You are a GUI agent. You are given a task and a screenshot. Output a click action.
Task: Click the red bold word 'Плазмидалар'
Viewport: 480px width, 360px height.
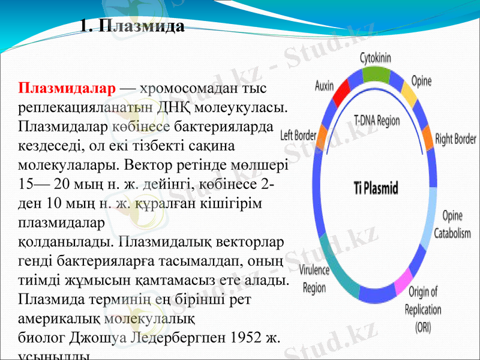point(67,89)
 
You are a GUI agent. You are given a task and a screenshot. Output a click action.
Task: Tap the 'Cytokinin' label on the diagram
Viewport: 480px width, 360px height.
point(376,58)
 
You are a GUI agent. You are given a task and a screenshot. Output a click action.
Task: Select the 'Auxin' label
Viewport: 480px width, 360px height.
point(324,86)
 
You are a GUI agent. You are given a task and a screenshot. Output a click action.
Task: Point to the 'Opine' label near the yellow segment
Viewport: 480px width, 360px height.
point(421,81)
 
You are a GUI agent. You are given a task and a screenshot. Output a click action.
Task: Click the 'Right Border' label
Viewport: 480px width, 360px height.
point(455,139)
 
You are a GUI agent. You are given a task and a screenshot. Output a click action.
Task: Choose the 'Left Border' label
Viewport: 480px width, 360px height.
point(298,136)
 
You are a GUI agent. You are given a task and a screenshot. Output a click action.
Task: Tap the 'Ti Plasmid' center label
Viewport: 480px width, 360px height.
point(375,188)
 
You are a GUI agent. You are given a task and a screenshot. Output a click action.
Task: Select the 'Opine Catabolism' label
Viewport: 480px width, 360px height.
point(452,224)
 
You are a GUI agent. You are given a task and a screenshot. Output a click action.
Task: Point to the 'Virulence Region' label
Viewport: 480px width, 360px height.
point(314,279)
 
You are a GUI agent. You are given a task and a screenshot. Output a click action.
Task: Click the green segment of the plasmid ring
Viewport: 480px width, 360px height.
point(376,74)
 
